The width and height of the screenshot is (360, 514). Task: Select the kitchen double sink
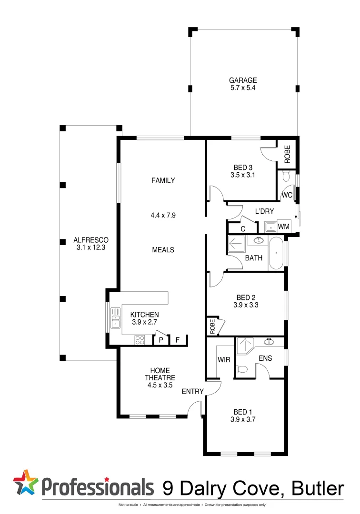115,318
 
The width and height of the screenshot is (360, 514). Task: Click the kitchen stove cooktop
140,340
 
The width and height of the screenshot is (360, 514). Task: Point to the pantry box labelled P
161,340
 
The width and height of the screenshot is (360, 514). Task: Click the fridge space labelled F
178,340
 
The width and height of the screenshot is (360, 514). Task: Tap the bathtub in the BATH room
276,254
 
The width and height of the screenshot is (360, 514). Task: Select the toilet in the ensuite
242,369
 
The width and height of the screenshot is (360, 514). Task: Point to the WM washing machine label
283,227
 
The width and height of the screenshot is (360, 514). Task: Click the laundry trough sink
270,227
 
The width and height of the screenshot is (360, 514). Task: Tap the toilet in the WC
286,178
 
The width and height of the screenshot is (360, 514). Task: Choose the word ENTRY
193,392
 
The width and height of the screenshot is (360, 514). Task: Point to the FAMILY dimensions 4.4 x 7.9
163,215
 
